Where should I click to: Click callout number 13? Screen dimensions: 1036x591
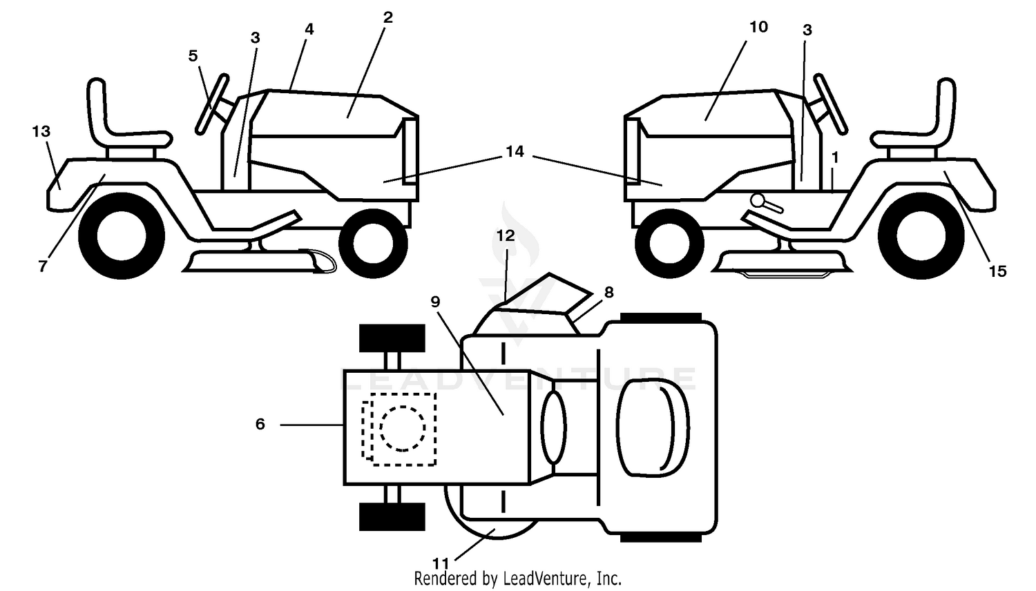click(x=41, y=131)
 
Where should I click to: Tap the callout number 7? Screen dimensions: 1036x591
click(x=43, y=267)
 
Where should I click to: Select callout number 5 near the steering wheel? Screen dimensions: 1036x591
click(x=193, y=55)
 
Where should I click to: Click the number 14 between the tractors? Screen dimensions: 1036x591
click(x=515, y=151)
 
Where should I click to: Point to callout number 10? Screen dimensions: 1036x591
click(x=758, y=27)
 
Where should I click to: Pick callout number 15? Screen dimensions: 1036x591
click(x=997, y=271)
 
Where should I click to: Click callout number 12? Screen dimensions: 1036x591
click(x=506, y=235)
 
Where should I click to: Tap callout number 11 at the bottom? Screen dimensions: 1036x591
click(x=441, y=563)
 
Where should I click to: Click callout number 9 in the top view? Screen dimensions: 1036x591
click(x=435, y=302)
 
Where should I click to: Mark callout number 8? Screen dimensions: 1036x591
click(x=608, y=292)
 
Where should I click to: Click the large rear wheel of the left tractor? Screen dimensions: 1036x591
click(x=122, y=235)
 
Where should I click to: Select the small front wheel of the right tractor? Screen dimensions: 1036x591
click(x=669, y=244)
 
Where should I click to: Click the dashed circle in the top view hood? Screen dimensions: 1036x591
click(x=403, y=428)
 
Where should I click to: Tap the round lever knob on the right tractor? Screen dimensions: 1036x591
click(x=758, y=201)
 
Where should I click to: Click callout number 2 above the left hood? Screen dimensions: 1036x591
click(x=388, y=17)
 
